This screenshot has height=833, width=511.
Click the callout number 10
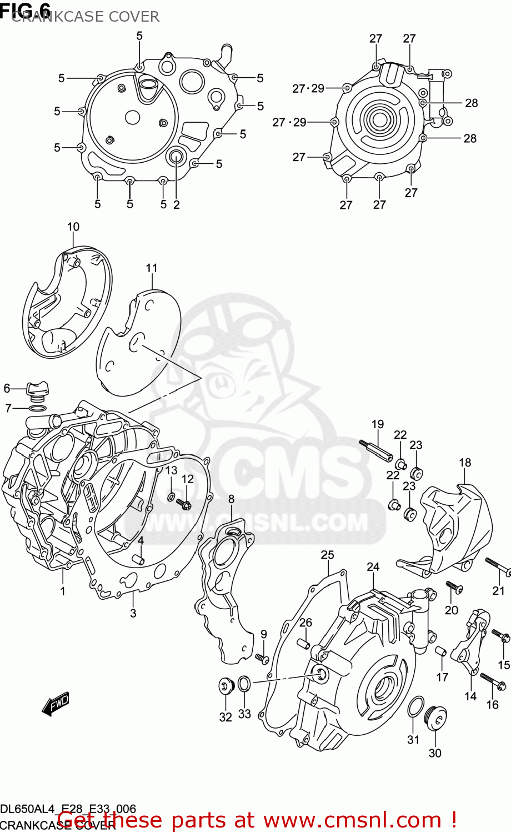[x=73, y=227]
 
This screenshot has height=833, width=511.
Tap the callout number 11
[x=152, y=268]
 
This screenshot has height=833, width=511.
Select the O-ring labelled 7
[x=37, y=409]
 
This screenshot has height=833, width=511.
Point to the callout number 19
[x=378, y=424]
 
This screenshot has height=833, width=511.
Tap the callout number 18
[x=465, y=462]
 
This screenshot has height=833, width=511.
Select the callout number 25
[x=328, y=554]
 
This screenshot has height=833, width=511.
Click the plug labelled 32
[x=226, y=685]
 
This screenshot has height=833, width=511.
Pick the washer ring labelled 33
[x=244, y=684]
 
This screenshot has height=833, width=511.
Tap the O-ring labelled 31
[x=414, y=708]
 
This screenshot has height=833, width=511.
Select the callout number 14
[x=470, y=696]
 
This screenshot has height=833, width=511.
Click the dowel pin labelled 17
[x=441, y=651]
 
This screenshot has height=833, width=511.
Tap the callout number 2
[x=177, y=204]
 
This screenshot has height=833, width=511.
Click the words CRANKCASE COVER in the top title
[x=86, y=17]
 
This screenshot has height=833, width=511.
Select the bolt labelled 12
[x=184, y=504]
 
